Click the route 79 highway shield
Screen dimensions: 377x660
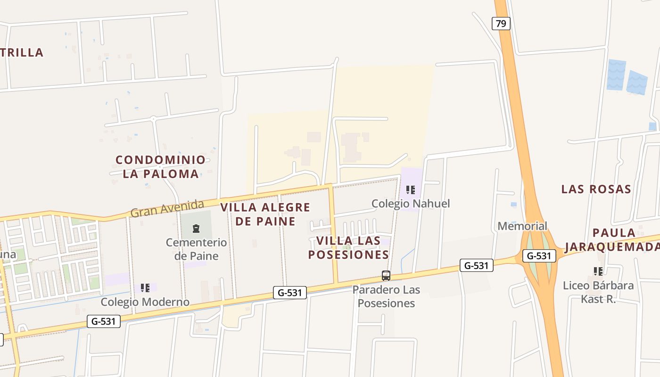tap(501, 23)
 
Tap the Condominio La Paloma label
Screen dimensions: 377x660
tap(161, 167)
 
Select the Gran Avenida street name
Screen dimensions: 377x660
tap(167, 208)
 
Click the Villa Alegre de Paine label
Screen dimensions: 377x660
tap(265, 214)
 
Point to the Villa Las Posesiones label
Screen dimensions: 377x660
tap(348, 247)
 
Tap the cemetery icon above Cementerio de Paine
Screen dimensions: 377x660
tap(196, 229)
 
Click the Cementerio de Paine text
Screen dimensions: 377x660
tap(196, 249)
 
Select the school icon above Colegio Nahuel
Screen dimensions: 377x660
tap(410, 190)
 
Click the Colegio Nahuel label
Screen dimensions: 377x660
tap(411, 204)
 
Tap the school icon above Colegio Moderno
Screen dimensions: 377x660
tap(145, 287)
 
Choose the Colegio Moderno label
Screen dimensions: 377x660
tap(145, 302)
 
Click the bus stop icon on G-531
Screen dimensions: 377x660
tap(386, 276)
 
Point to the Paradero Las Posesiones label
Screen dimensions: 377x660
tap(386, 296)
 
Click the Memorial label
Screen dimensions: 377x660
tap(522, 226)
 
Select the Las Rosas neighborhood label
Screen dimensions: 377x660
tap(596, 189)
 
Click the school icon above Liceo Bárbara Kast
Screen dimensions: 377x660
tap(598, 271)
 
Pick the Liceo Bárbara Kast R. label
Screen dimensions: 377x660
tap(598, 292)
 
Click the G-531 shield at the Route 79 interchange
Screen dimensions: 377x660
tap(539, 256)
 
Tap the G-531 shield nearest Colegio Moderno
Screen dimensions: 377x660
tap(104, 321)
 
